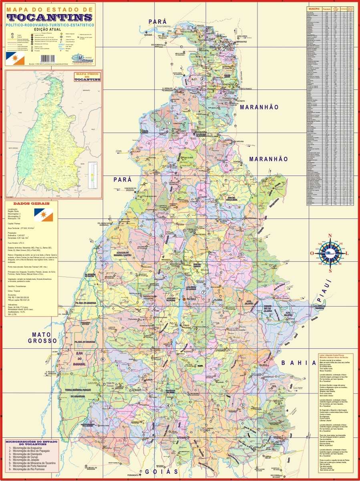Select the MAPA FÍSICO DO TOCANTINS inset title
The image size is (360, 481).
click(x=87, y=77)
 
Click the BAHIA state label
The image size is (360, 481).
click(x=299, y=363)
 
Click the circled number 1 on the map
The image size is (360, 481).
click(x=168, y=123)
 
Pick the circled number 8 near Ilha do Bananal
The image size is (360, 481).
click(x=103, y=360)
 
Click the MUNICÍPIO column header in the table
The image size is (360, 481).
click(x=314, y=8)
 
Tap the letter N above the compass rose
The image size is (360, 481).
click(x=330, y=236)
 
